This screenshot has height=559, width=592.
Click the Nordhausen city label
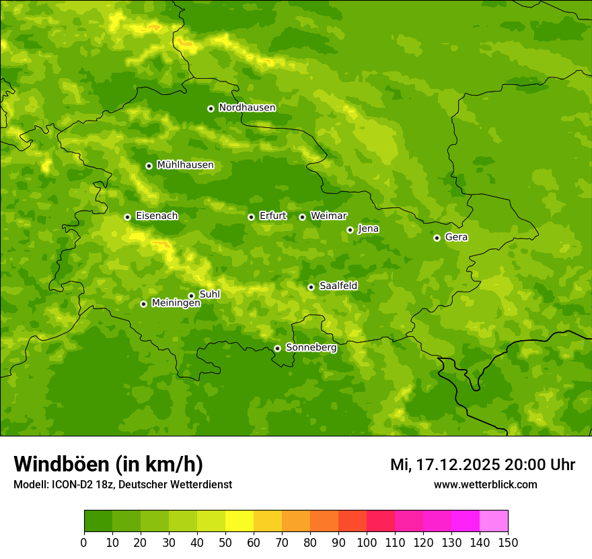(x=247, y=108)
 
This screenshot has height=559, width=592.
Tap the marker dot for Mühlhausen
(x=149, y=166)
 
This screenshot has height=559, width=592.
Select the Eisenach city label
(x=157, y=216)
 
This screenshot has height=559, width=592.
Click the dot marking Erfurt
(x=251, y=217)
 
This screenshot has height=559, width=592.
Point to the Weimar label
(x=328, y=216)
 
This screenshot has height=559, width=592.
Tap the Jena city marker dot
(x=350, y=230)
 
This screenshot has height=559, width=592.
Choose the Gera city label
(x=456, y=237)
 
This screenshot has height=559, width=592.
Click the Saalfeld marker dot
(x=311, y=287)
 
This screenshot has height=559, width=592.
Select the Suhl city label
(x=210, y=294)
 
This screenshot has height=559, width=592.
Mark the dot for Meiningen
(x=143, y=304)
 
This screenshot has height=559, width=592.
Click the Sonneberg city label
(x=311, y=348)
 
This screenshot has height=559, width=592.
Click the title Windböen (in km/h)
(x=108, y=464)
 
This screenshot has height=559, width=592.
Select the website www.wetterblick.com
(x=485, y=484)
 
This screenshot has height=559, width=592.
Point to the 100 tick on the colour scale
(x=367, y=542)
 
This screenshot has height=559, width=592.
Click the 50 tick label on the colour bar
(x=225, y=542)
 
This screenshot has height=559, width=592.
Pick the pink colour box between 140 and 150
(x=494, y=521)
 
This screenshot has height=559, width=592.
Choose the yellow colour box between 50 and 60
(x=239, y=521)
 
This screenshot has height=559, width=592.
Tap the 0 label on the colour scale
(x=84, y=542)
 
